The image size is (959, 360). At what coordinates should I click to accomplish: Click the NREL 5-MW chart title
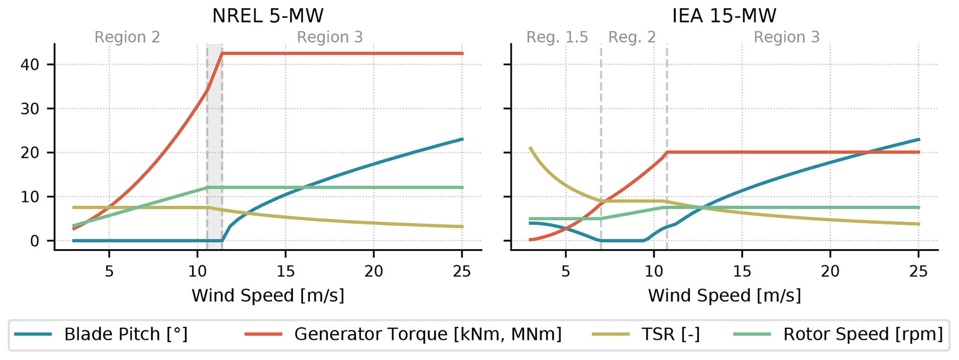268,17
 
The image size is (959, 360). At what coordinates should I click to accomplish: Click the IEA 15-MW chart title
724,17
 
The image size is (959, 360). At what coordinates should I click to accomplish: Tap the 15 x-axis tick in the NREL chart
285,271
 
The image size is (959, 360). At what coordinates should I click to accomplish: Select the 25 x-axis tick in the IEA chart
918,271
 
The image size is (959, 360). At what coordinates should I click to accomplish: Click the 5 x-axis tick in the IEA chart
566,271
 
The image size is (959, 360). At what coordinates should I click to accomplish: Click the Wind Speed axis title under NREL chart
268,296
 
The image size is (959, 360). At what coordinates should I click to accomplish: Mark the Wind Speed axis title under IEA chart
724,296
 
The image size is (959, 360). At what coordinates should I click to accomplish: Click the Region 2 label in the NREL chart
127,37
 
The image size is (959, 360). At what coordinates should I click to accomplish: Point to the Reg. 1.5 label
557,37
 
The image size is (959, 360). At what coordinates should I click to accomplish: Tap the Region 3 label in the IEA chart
786,37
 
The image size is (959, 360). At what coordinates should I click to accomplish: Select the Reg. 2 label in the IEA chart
632,37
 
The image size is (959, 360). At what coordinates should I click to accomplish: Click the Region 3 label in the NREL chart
330,37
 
